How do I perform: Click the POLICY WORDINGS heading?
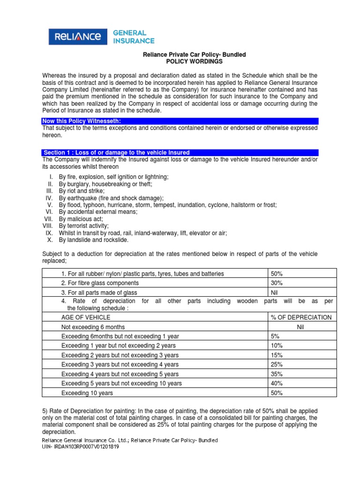pyautogui.click(x=194, y=62)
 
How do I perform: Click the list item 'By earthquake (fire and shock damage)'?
pyautogui.click(x=111, y=198)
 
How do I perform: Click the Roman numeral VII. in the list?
pyautogui.click(x=49, y=219)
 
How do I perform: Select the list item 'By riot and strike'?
pyautogui.click(x=82, y=191)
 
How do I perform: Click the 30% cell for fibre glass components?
pyautogui.click(x=277, y=283)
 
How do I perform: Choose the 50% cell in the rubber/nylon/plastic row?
pyautogui.click(x=277, y=273)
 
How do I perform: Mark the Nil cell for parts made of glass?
pyautogui.click(x=275, y=292)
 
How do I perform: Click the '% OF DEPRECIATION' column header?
pyautogui.click(x=301, y=317)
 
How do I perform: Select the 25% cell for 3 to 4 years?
pyautogui.click(x=277, y=364)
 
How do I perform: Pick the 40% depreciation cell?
pyautogui.click(x=277, y=383)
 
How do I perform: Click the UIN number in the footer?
pyautogui.click(x=80, y=447)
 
